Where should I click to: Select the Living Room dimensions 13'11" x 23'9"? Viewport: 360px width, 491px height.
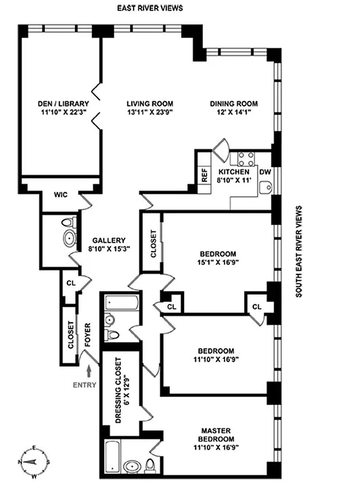[x=149, y=114]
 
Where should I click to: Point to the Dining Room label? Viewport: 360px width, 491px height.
[x=234, y=104]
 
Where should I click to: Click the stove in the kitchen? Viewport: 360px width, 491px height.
[x=247, y=158]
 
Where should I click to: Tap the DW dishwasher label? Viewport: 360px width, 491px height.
[x=265, y=173]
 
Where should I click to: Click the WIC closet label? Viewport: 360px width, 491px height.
[x=60, y=195]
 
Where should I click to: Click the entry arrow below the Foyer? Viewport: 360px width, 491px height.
[x=90, y=371]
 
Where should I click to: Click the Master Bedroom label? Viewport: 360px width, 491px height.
[x=217, y=435]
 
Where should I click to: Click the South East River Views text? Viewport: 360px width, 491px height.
[x=299, y=252]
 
